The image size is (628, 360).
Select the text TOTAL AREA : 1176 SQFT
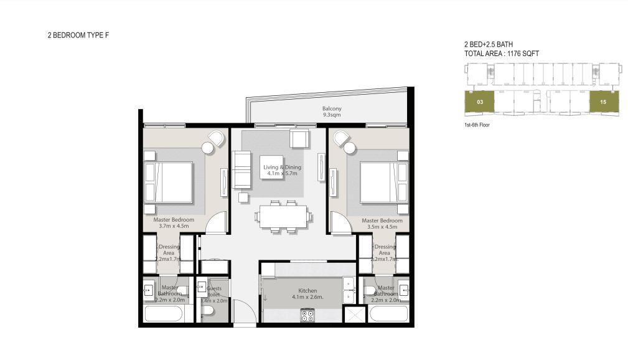tap(501, 54)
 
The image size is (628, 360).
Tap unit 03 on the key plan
tap(480, 102)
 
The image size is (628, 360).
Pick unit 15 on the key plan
tap(603, 102)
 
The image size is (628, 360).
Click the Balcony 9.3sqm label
tap(332, 112)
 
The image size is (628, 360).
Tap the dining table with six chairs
tap(283, 217)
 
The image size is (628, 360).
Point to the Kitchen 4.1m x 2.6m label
tap(307, 294)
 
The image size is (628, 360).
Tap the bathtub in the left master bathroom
tap(162, 313)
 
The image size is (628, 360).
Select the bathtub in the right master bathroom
tap(388, 313)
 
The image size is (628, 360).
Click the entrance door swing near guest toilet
tap(245, 311)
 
